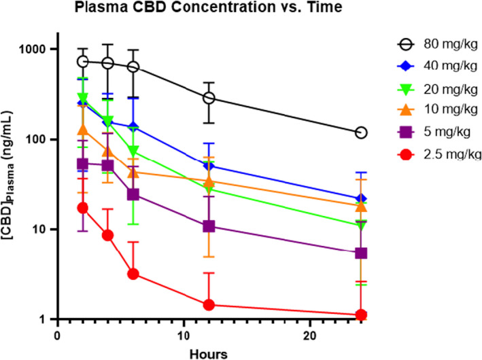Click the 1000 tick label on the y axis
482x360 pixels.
point(33,50)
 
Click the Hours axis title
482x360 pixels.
point(209,353)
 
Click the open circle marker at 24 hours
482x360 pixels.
point(361,132)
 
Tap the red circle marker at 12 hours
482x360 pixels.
point(209,305)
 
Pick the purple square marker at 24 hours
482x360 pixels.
point(361,253)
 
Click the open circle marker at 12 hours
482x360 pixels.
point(209,98)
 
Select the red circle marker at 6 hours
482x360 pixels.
point(133,274)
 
